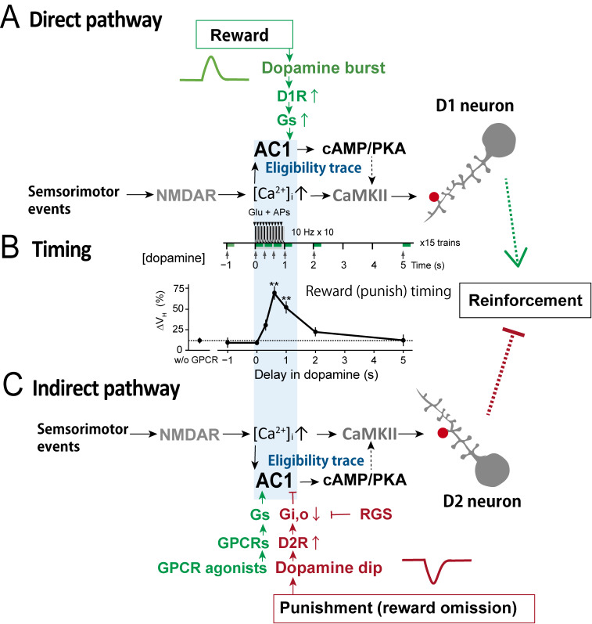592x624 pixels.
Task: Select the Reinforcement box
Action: coord(525,301)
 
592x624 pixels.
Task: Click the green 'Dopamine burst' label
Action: coord(323,67)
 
